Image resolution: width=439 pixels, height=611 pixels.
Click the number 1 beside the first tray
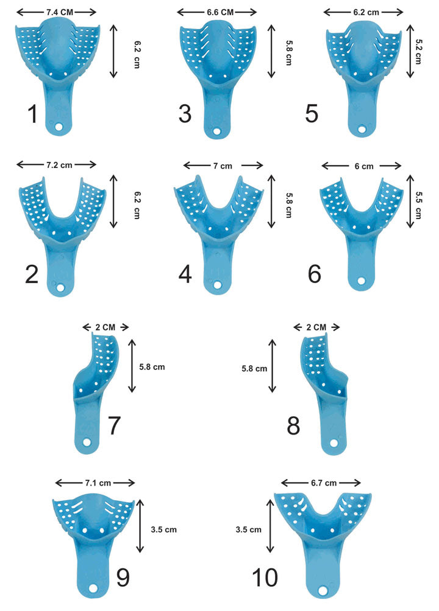pos(32,114)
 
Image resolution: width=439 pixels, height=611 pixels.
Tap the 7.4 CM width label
pos(57,12)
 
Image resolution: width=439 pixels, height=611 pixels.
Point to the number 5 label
pos(312,114)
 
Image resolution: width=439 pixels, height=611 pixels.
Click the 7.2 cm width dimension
pos(57,164)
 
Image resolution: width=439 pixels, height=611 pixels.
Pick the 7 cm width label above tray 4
pos(223,166)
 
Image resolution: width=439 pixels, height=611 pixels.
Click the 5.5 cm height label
pos(418,198)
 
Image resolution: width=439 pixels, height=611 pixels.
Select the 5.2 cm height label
pos(418,49)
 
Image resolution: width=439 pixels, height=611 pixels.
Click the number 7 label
pos(114,426)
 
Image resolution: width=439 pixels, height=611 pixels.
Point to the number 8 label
pos(293,426)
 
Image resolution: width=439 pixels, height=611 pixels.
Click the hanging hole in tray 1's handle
pos(60,128)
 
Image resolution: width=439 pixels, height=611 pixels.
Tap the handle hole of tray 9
pos(95,590)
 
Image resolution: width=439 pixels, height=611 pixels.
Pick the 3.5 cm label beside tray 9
pos(163,529)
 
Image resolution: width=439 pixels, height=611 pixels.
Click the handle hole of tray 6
pos(361,282)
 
